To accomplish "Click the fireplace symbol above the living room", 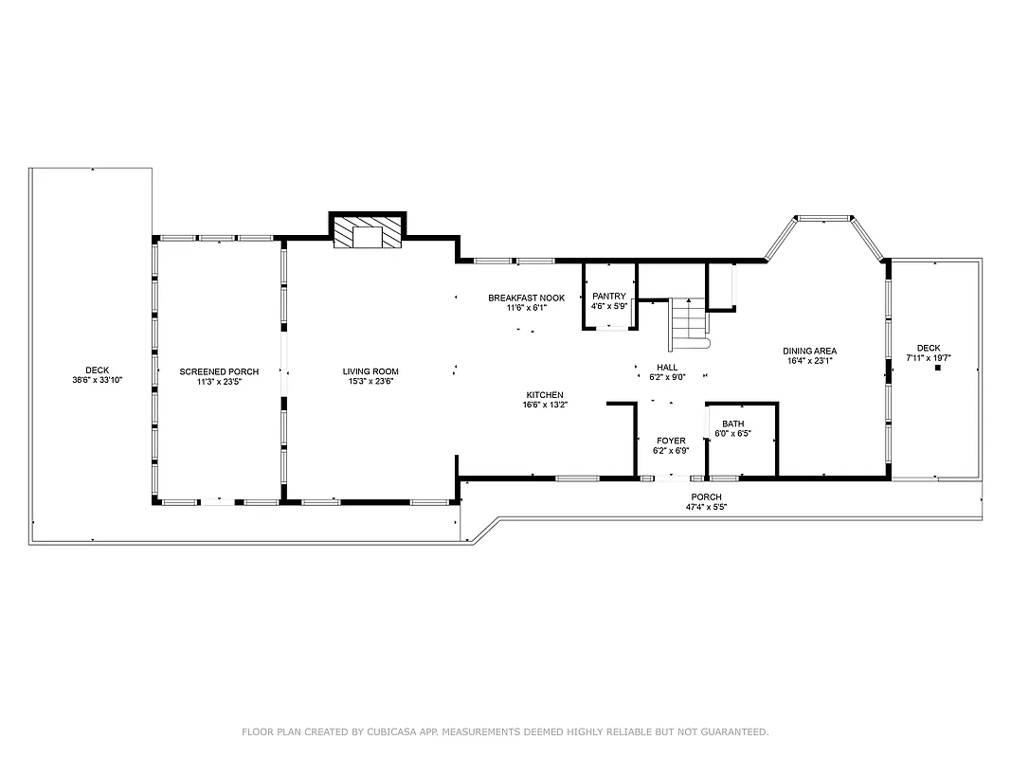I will pos(367,236).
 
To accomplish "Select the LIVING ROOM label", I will pos(370,371).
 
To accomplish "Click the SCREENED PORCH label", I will pos(219,371).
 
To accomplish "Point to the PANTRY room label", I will pos(609,297).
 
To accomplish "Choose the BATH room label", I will pos(732,424).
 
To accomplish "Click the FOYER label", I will pos(671,441).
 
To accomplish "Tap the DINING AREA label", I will pos(809,351).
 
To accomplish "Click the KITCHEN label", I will pos(545,394).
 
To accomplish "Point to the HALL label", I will pos(667,368).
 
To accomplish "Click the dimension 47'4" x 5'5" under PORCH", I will pos(706,507).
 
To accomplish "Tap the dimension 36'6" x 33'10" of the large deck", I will pos(98,380).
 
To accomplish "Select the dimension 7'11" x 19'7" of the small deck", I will pos(929,358).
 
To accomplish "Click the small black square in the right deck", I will pos(937,369).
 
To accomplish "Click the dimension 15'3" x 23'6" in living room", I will pos(370,382).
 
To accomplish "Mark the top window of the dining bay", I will pos(822,219).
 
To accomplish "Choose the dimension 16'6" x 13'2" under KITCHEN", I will pos(545,405).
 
